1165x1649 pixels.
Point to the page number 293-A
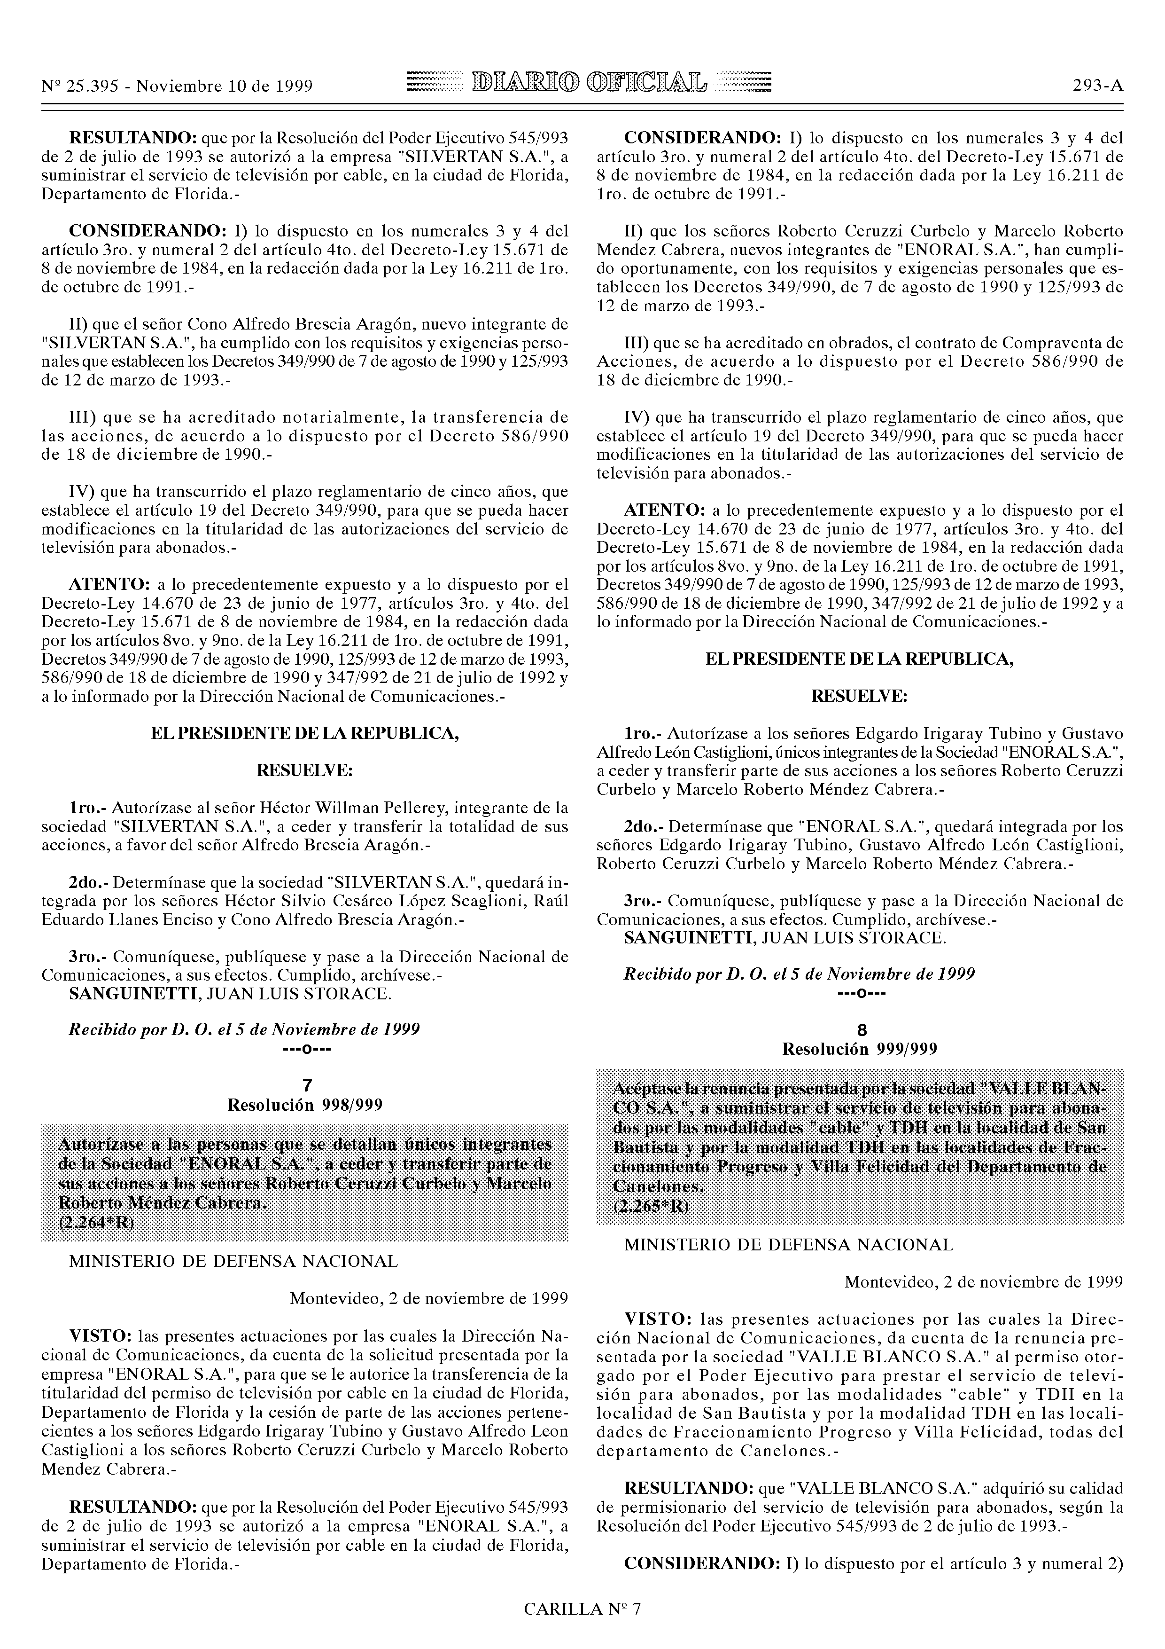pos(1097,86)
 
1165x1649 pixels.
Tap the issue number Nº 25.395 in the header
pos(79,86)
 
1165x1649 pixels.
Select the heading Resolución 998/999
pos(304,1105)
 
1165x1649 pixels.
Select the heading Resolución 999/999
pos(859,1049)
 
